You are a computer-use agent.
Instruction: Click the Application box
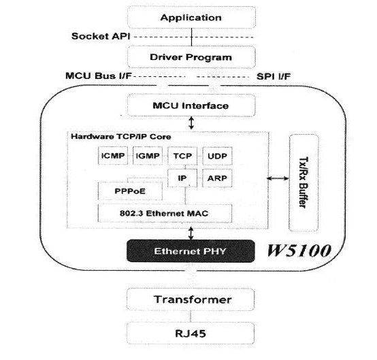(x=191, y=18)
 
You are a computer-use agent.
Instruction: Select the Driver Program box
(x=191, y=57)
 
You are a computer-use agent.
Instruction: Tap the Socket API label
(x=101, y=36)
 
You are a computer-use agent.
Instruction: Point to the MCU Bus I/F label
(x=99, y=76)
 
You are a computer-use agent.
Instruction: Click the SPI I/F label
(x=274, y=76)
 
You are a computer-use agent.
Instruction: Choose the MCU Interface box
(x=191, y=105)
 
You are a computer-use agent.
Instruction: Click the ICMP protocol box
(x=113, y=156)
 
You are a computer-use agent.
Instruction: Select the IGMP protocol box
(x=148, y=156)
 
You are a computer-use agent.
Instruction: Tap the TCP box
(x=182, y=156)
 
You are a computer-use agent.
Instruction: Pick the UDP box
(x=217, y=156)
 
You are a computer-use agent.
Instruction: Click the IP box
(x=182, y=178)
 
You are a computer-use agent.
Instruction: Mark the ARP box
(x=217, y=178)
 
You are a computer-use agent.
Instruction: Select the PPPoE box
(x=130, y=191)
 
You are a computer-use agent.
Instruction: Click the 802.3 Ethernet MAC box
(x=165, y=213)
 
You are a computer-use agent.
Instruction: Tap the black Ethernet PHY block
(x=191, y=251)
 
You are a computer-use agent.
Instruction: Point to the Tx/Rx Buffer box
(x=304, y=183)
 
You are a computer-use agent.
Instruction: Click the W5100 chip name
(x=299, y=250)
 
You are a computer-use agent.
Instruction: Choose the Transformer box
(x=191, y=299)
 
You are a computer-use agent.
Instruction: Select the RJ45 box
(x=191, y=333)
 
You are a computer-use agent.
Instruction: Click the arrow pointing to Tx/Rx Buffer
(x=278, y=178)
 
